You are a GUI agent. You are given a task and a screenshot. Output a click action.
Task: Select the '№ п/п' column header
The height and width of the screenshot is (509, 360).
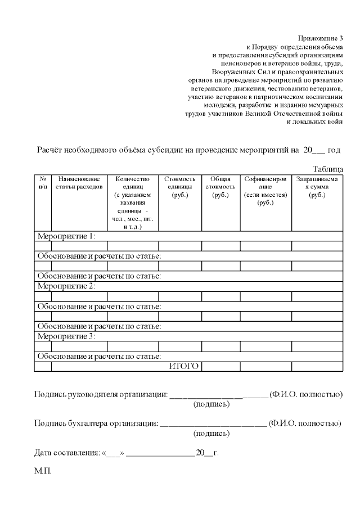point(42,183)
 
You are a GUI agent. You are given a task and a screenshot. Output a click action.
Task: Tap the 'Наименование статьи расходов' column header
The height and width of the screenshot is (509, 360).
point(79,183)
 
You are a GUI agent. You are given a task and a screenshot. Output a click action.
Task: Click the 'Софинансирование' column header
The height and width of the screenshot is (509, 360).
point(265,191)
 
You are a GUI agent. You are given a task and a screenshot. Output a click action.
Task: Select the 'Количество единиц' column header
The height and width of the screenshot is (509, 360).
point(132,202)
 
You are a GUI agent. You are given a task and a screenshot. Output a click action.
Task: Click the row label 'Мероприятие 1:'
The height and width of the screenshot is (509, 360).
point(66,236)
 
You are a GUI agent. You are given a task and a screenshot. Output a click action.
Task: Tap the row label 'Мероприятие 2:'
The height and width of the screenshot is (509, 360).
point(66,286)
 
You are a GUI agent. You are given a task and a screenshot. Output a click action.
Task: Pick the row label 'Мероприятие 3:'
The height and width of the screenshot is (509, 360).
point(66,336)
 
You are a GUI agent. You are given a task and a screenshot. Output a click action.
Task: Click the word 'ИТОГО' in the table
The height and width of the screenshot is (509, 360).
point(184,367)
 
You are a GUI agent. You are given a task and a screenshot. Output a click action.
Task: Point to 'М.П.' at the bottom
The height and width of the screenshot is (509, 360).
point(43,471)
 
